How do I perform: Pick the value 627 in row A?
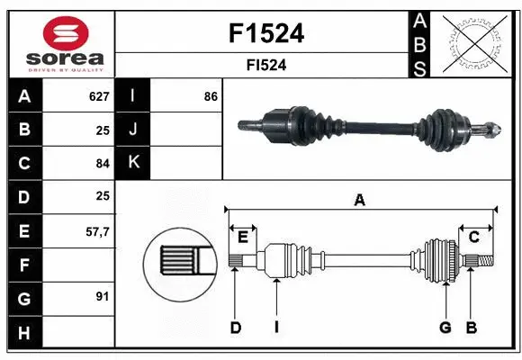pos(98,95)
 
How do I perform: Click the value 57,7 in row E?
pos(96,231)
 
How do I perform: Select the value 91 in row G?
pos(102,295)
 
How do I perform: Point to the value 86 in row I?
pos(211,95)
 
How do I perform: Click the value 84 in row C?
pos(102,163)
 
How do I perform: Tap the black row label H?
pos(24,331)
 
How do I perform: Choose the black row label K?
pos(133,162)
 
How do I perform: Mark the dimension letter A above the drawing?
pos(360,201)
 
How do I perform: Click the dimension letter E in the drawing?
pos(243,237)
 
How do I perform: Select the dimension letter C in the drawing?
pos(473,237)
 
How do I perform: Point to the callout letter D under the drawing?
pos(235,328)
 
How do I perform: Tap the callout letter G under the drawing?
pos(445,328)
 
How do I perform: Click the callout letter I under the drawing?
pos(276,328)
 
